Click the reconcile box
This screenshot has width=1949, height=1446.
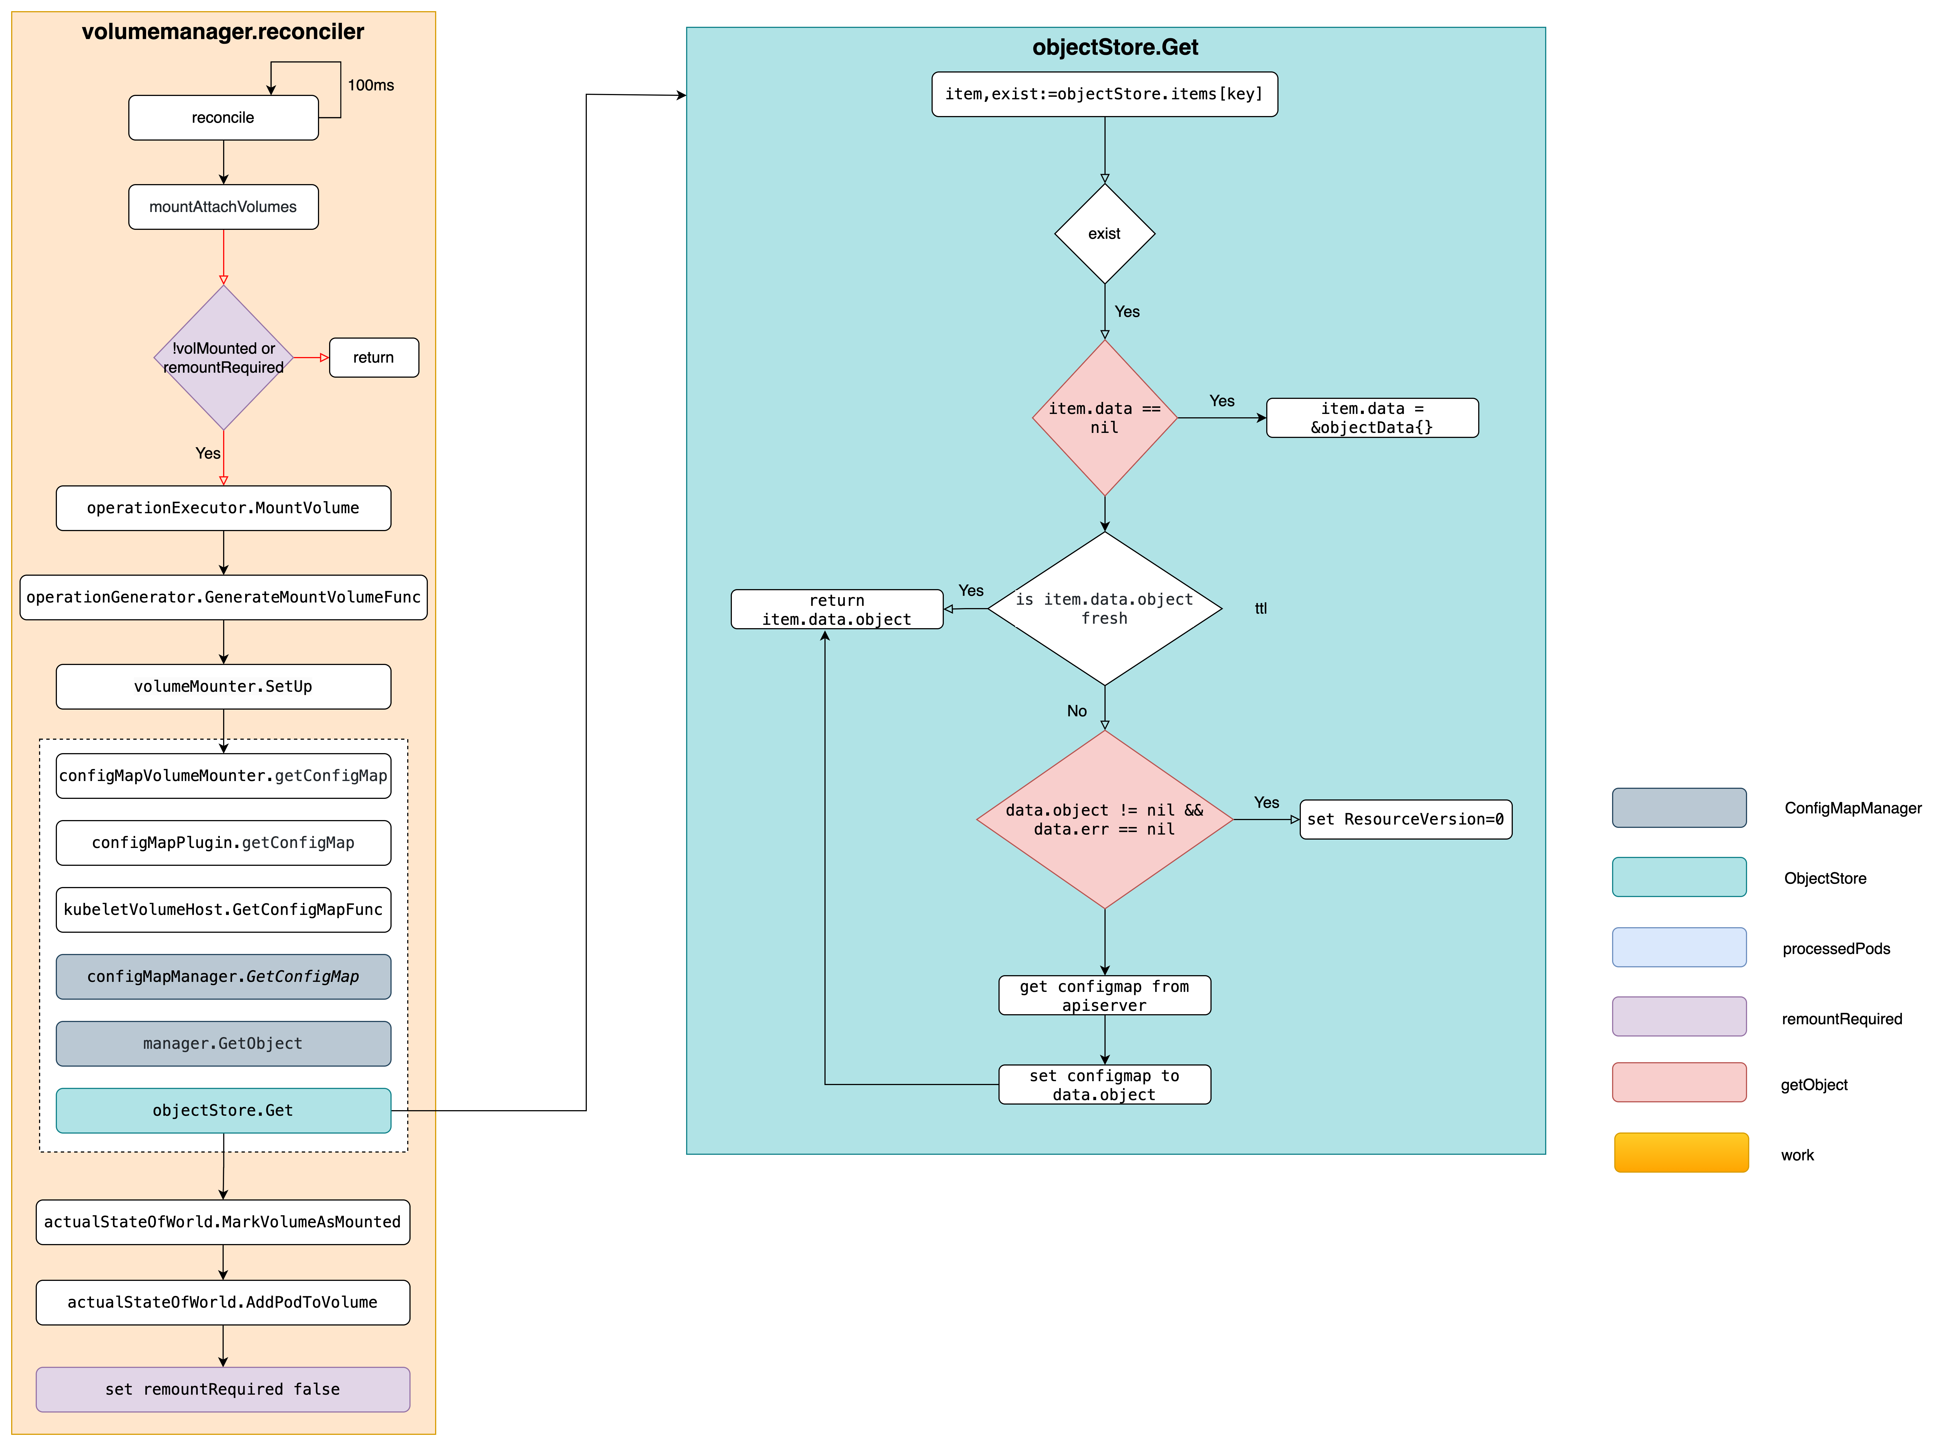tap(223, 117)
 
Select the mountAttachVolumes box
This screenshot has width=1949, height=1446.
tap(223, 207)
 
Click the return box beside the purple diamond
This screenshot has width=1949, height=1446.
tap(374, 357)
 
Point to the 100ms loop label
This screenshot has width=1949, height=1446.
tap(370, 85)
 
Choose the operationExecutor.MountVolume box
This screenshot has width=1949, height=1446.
tap(223, 508)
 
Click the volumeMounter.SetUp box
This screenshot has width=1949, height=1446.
tap(223, 686)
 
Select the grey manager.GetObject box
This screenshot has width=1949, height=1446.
tap(223, 1043)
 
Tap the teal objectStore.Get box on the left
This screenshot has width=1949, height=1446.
tap(223, 1110)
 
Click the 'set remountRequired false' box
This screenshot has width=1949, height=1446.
tap(223, 1389)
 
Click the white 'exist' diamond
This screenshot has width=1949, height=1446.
tap(1104, 234)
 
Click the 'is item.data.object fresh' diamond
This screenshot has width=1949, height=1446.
tap(1104, 608)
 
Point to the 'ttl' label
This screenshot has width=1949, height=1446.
tap(1260, 608)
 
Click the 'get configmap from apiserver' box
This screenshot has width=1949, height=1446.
tap(1104, 995)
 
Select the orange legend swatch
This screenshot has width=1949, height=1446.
tap(1680, 1152)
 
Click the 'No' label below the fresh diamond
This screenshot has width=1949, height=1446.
tap(1077, 711)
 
